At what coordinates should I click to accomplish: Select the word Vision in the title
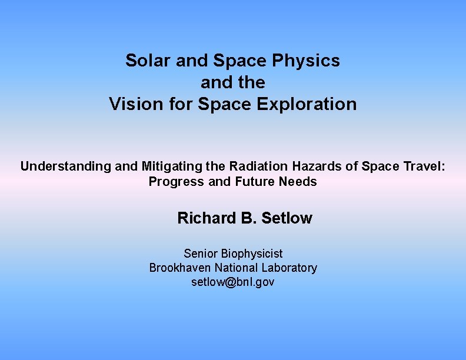(x=130, y=104)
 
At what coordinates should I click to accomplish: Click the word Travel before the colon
(x=425, y=166)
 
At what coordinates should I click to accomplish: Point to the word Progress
(x=177, y=182)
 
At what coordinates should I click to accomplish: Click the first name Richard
(x=207, y=218)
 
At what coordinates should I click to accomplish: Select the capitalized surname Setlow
(x=287, y=218)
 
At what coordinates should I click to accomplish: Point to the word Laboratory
(x=289, y=268)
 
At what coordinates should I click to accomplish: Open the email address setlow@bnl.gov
(x=233, y=282)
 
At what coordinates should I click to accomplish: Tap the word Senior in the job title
(x=201, y=254)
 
